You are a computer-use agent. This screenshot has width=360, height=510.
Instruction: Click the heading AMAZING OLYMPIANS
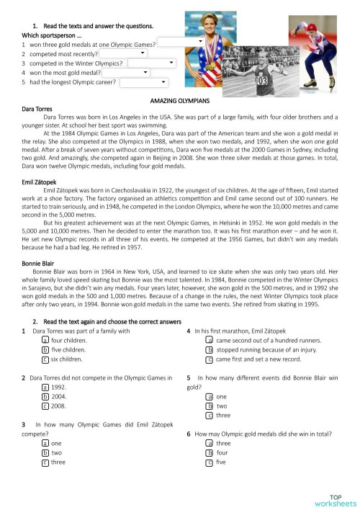click(x=179, y=102)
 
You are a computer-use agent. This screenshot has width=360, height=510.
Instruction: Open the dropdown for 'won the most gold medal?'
click(x=127, y=72)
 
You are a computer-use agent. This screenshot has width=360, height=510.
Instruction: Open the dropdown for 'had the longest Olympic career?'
click(x=143, y=82)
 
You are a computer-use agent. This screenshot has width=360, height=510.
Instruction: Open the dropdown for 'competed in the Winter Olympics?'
click(x=152, y=63)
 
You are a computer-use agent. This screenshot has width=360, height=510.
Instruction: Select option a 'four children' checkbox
click(x=45, y=340)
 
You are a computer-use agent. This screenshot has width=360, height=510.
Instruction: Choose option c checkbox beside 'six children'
click(x=45, y=359)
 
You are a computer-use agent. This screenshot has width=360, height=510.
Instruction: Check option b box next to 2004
click(x=45, y=396)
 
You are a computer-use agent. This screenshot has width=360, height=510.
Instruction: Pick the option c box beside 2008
click(x=45, y=406)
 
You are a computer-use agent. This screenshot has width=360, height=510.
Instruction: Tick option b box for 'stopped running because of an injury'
click(x=209, y=349)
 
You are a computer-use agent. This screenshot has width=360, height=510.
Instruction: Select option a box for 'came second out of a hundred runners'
click(x=209, y=340)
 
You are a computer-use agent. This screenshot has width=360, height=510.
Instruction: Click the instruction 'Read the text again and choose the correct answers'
click(x=108, y=321)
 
